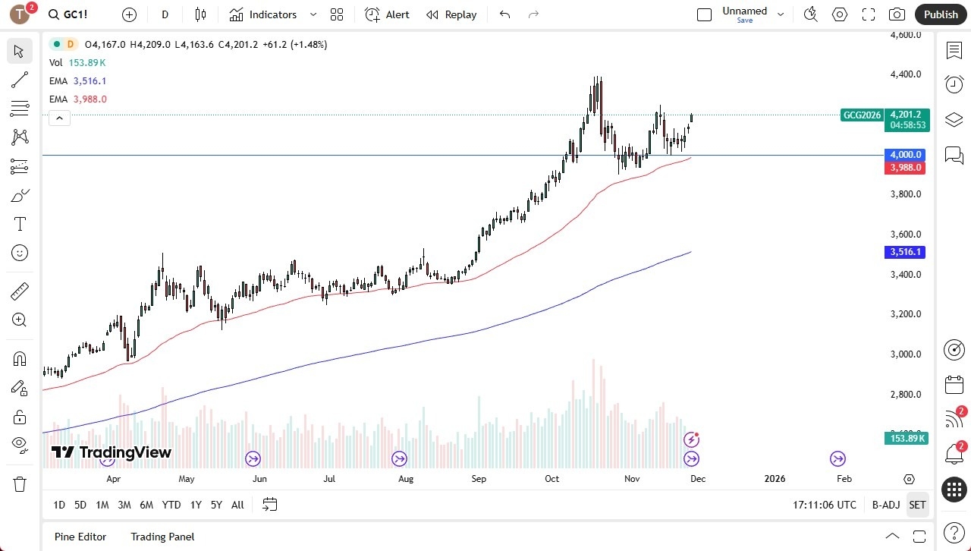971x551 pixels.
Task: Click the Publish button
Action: pyautogui.click(x=941, y=14)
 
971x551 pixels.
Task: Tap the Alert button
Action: pyautogui.click(x=388, y=14)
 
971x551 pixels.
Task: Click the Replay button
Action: pyautogui.click(x=451, y=14)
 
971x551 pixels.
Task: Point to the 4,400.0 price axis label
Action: pyautogui.click(x=906, y=74)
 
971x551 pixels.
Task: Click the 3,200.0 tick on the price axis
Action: pyautogui.click(x=906, y=314)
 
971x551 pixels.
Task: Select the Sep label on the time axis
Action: pyautogui.click(x=479, y=479)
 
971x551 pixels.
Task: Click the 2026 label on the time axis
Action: pyautogui.click(x=775, y=479)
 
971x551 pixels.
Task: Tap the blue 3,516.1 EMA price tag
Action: pyautogui.click(x=906, y=252)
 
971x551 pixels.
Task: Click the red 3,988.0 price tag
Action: pyautogui.click(x=906, y=168)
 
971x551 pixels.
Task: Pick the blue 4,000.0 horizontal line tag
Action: pyautogui.click(x=906, y=155)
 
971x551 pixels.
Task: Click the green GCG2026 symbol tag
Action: pyautogui.click(x=862, y=115)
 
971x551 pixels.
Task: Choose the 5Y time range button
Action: pyautogui.click(x=216, y=505)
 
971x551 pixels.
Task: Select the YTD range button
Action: pyautogui.click(x=171, y=505)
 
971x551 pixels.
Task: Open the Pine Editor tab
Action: pyautogui.click(x=80, y=537)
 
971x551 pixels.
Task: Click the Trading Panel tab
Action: pyautogui.click(x=162, y=537)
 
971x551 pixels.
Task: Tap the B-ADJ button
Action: pyautogui.click(x=886, y=505)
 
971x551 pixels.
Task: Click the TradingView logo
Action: pyautogui.click(x=112, y=453)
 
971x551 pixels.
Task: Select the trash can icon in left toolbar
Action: pyautogui.click(x=20, y=484)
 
